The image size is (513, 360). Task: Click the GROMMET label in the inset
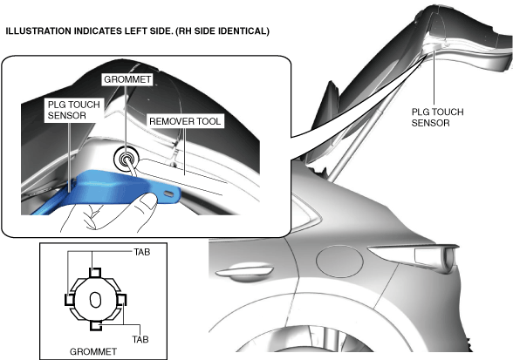click(127, 79)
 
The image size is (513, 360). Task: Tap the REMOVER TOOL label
click(185, 121)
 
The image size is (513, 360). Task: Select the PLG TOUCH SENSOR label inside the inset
click(73, 110)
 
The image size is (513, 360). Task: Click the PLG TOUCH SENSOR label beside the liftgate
click(437, 118)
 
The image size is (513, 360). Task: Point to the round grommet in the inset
click(126, 160)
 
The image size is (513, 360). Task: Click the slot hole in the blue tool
click(169, 194)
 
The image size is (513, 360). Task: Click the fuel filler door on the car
click(339, 262)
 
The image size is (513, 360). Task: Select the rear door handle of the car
click(244, 273)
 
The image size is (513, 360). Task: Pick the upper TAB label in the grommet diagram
click(141, 252)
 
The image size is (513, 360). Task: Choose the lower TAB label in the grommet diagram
click(140, 339)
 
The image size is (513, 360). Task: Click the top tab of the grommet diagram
click(95, 272)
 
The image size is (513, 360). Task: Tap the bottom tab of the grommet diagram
click(96, 326)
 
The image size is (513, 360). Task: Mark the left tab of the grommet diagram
click(70, 299)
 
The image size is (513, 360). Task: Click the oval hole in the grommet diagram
click(95, 300)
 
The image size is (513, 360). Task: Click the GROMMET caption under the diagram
click(93, 352)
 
